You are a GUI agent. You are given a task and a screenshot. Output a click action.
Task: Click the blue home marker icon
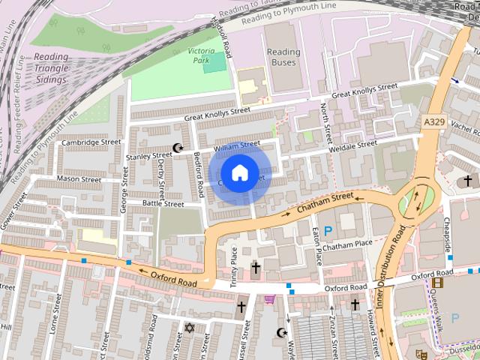238,173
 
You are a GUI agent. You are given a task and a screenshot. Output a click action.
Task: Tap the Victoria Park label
200,55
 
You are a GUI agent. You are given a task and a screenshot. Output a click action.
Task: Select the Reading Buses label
283,57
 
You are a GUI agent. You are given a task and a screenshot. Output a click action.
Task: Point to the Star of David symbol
189,328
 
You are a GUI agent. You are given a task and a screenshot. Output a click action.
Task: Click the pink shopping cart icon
268,299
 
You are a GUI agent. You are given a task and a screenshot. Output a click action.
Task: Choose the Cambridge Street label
91,142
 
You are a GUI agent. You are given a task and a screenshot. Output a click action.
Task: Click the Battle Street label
163,203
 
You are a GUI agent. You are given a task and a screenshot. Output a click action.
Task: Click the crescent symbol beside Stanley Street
178,148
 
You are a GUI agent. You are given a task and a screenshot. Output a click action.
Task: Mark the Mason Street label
79,180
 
